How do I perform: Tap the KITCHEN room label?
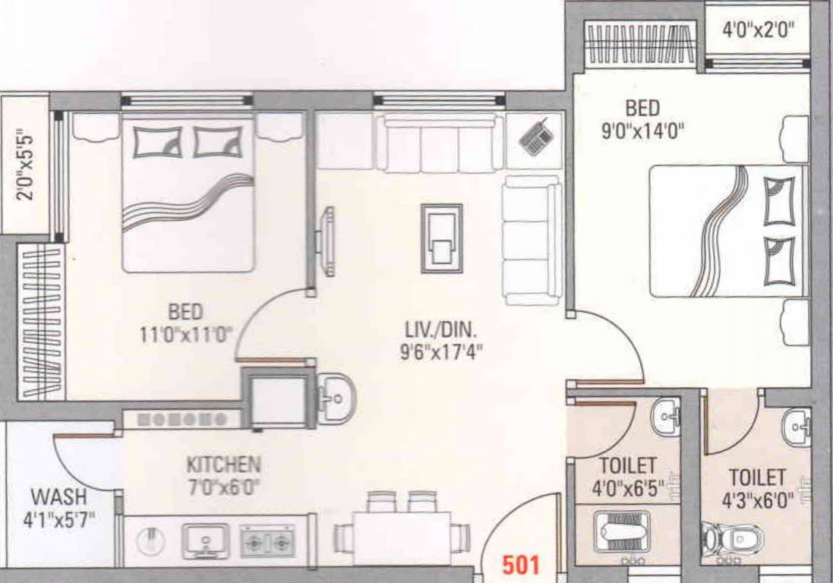pyautogui.click(x=223, y=464)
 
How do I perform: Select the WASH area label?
pyautogui.click(x=58, y=497)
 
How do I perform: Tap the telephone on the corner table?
pyautogui.click(x=536, y=137)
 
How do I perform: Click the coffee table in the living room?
pyautogui.click(x=441, y=238)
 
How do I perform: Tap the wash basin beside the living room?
pyautogui.click(x=334, y=397)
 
